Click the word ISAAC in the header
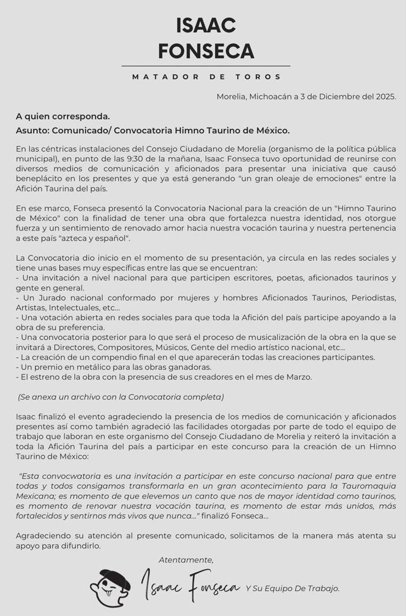(206, 26)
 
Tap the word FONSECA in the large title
(206, 51)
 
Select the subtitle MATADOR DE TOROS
(206, 77)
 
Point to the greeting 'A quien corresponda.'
(63, 117)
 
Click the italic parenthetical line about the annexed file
(121, 397)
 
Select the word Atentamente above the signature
(186, 560)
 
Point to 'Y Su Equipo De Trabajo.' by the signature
(292, 588)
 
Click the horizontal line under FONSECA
(206, 66)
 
